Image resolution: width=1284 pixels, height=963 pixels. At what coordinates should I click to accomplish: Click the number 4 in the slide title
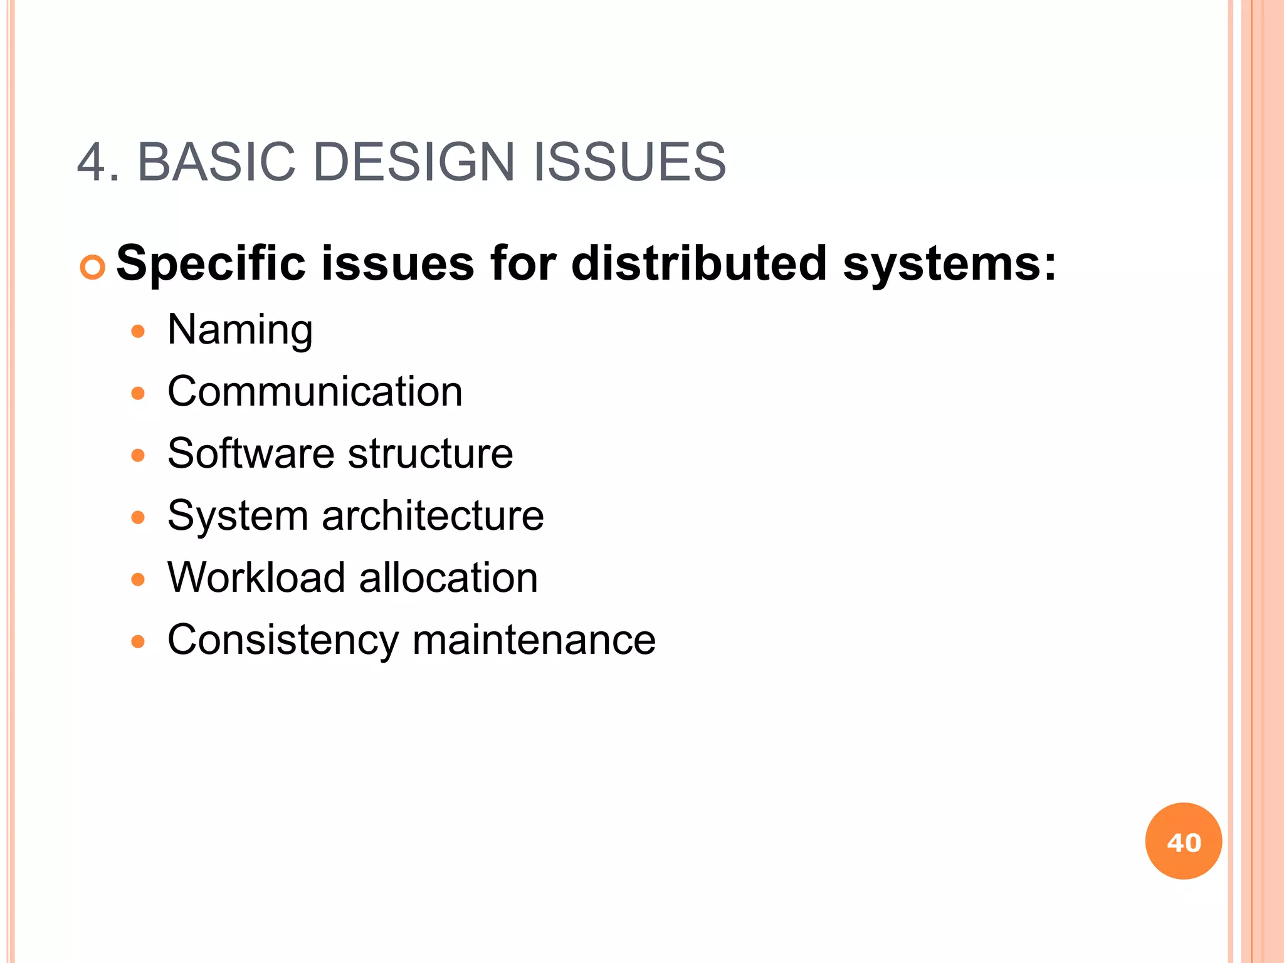point(92,162)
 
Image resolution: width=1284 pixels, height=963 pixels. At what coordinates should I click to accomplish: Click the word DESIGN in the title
point(414,162)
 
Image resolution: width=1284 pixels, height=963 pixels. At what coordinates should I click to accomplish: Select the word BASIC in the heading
point(216,162)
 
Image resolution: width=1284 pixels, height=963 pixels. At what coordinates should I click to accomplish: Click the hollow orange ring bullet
point(93,268)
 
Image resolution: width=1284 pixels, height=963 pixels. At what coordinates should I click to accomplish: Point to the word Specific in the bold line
point(211,264)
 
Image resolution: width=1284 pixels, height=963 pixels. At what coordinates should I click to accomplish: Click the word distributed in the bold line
point(699,263)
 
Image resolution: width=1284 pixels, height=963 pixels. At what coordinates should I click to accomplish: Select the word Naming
point(240,330)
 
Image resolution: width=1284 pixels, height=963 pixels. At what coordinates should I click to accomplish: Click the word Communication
point(315,391)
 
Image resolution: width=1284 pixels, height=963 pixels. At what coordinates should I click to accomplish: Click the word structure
point(431,453)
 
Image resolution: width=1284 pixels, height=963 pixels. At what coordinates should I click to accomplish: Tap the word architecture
point(433,515)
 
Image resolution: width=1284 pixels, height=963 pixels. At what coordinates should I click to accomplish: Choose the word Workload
point(256,577)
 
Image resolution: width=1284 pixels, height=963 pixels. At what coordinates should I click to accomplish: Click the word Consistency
point(283,640)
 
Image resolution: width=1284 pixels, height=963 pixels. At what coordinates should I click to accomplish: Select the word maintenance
point(534,639)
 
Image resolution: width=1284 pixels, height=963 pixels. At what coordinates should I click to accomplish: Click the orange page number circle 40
point(1183,841)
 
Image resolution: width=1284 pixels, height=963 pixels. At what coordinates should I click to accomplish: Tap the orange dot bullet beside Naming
point(138,331)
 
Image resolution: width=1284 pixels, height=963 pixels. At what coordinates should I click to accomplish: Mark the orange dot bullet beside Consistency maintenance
point(138,641)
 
